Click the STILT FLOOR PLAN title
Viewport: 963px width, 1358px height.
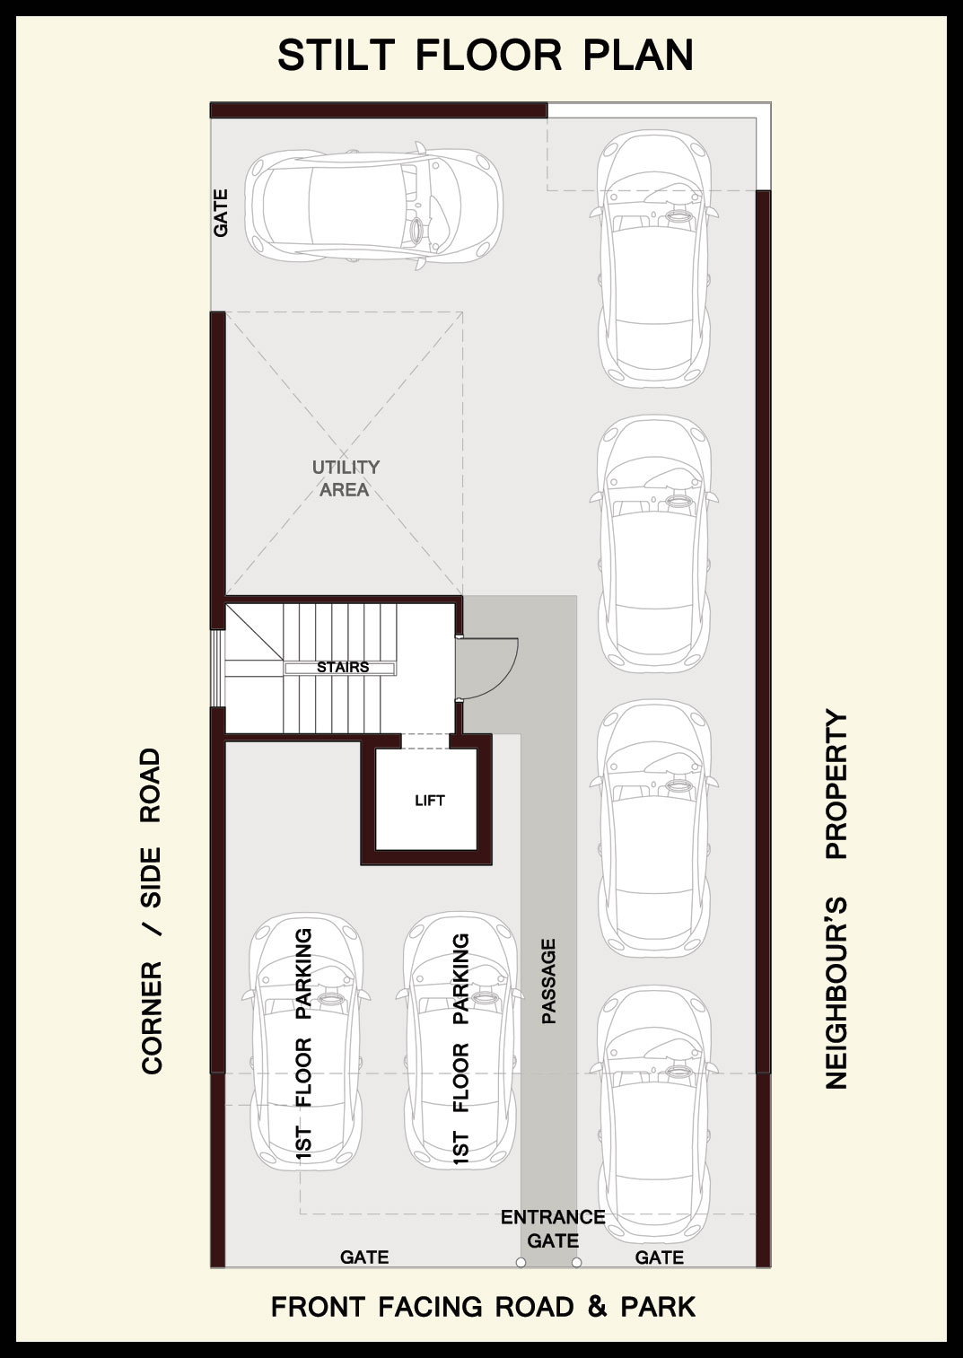[x=485, y=55]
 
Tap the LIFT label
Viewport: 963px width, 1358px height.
[x=430, y=801]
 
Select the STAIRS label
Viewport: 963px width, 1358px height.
[x=343, y=667]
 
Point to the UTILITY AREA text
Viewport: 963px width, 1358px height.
[x=346, y=478]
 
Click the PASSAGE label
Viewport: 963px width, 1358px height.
[x=548, y=982]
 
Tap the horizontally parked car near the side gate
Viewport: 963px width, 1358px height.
[x=373, y=206]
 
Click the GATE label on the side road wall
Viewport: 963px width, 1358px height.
[x=221, y=213]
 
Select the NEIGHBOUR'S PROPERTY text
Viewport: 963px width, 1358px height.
[x=836, y=898]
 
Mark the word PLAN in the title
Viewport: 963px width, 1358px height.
[x=638, y=55]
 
